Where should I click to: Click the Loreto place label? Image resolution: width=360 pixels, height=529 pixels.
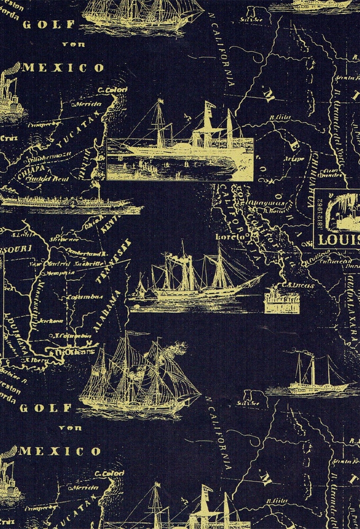tap(229, 238)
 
